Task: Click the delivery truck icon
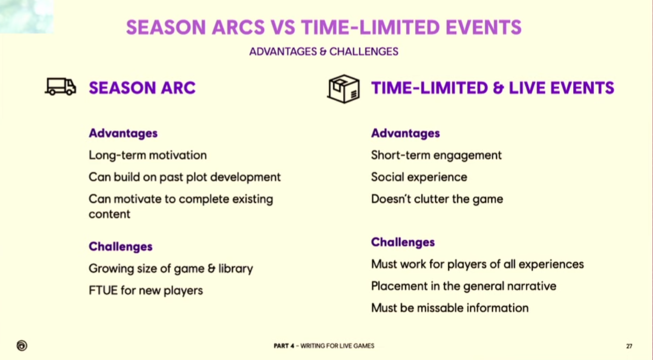[60, 86]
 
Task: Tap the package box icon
[344, 89]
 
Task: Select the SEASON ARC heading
[142, 88]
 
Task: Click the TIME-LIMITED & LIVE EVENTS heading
[493, 88]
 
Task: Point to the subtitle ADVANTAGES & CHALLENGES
[324, 52]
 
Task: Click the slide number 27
[629, 346]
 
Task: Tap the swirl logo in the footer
[22, 345]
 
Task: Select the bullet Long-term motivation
[148, 155]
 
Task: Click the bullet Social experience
[419, 177]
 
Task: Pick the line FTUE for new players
[146, 291]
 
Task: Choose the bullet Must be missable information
[450, 308]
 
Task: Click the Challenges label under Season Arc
[121, 247]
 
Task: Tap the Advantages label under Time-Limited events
[406, 133]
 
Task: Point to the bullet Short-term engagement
[437, 155]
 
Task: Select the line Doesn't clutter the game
[437, 199]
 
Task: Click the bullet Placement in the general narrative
[463, 286]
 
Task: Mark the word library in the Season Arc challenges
[236, 269]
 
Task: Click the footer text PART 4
[284, 346]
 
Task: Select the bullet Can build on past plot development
[185, 177]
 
